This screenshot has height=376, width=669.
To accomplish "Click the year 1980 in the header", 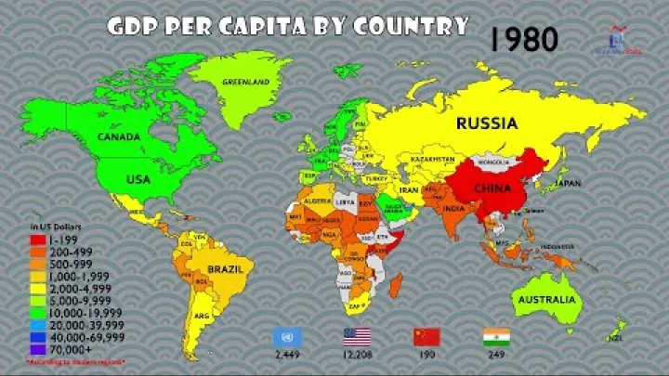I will tap(524, 38).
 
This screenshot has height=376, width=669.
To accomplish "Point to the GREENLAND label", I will tap(245, 82).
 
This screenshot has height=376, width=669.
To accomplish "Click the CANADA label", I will tap(119, 136).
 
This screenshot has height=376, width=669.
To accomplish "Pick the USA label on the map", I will tap(138, 178).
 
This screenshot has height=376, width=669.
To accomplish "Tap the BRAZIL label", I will tap(224, 269).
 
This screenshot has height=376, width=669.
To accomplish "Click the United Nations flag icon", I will tap(284, 336).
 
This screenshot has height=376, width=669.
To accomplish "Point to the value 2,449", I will tap(284, 356).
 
